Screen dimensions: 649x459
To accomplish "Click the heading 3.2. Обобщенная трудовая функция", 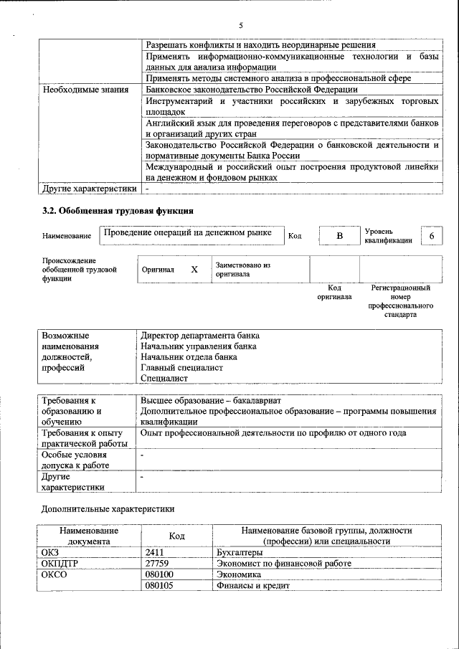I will click(118, 211).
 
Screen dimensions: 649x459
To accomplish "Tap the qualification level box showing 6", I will click(431, 236).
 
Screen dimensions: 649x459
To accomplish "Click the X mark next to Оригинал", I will click(194, 270).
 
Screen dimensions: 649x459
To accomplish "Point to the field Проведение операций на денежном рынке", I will click(188, 232).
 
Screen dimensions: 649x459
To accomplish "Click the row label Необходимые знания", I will click(85, 90).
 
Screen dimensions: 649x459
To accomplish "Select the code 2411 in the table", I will click(155, 552).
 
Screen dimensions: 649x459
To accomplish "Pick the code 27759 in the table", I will click(157, 564).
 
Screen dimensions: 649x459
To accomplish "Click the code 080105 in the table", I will click(159, 586).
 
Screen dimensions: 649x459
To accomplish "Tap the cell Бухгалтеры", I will click(240, 552).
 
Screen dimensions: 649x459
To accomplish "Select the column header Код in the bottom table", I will click(176, 536).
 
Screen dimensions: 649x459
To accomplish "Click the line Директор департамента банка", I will click(200, 335).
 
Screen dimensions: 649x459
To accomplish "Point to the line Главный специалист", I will click(181, 367).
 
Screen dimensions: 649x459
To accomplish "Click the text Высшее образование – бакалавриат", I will click(212, 400).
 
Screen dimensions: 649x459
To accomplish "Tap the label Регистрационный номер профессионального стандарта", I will click(400, 301).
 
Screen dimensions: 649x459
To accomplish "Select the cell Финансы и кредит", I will click(252, 586).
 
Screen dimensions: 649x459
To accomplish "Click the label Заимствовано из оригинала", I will click(242, 270).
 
